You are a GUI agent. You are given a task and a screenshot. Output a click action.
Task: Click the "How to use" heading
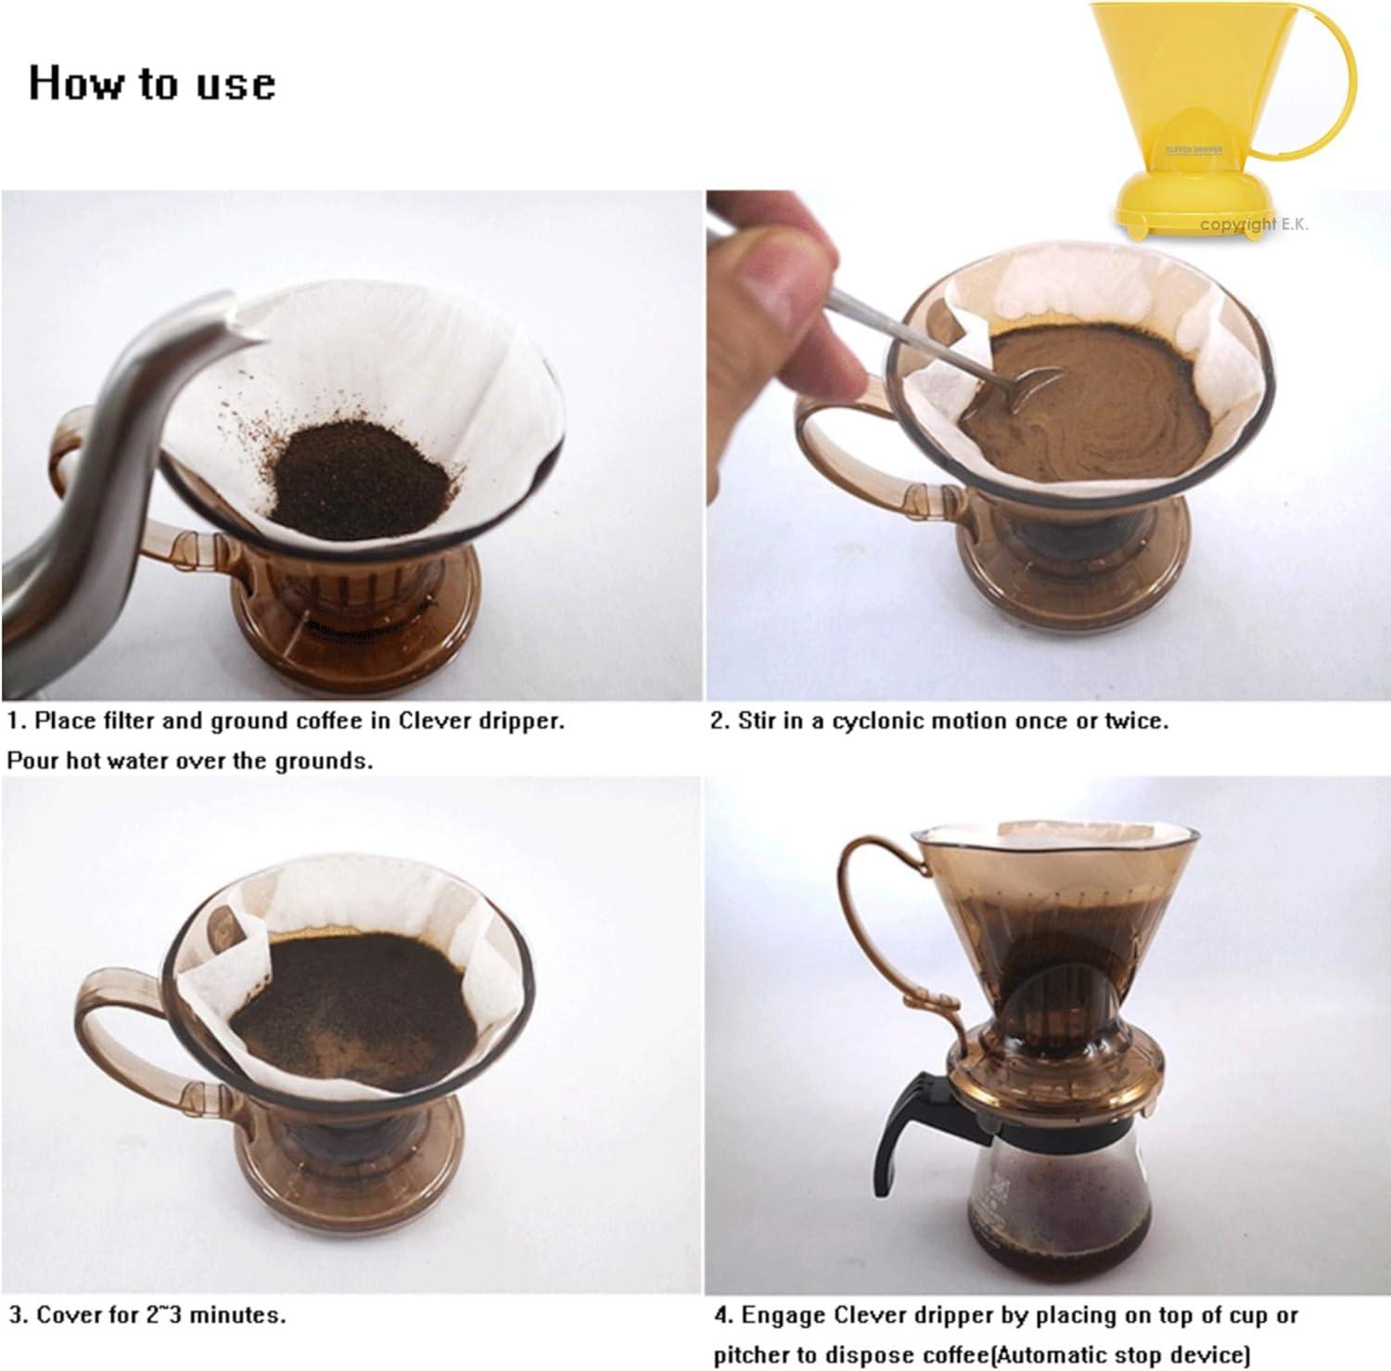[x=152, y=83]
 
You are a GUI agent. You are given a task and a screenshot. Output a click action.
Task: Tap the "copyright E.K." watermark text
[x=1254, y=224]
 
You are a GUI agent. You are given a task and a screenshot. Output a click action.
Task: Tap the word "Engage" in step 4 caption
[x=782, y=1315]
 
